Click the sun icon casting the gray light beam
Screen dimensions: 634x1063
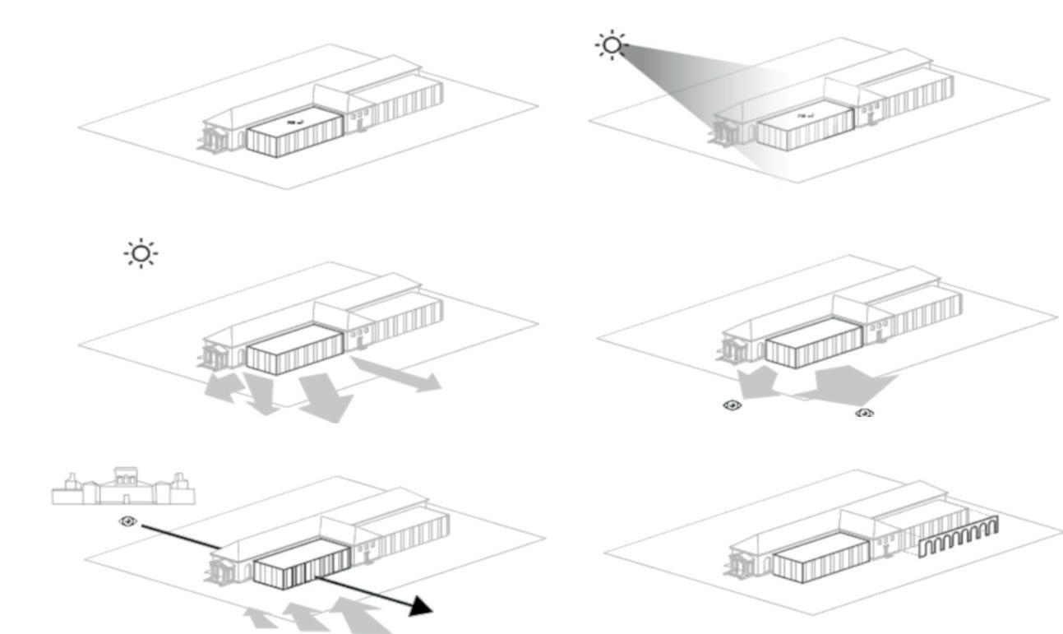pos(611,44)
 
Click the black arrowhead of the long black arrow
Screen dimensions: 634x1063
pos(421,606)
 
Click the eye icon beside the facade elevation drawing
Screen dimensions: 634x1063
pos(127,521)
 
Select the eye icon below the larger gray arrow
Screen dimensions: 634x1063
pos(865,412)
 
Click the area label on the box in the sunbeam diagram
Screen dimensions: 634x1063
pos(805,116)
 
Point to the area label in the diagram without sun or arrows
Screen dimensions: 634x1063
pos(293,122)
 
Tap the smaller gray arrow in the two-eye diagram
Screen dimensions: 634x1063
pos(756,382)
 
